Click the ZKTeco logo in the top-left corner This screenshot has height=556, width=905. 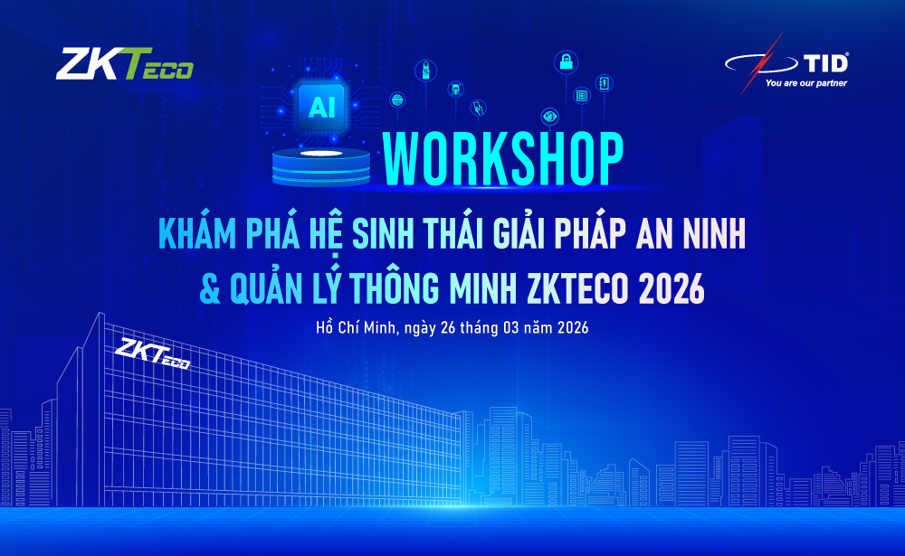coord(125,65)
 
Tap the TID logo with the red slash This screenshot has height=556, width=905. coord(792,62)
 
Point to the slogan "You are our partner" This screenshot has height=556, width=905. coord(805,83)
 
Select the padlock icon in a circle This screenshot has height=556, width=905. coord(566,63)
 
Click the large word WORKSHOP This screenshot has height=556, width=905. coord(503,160)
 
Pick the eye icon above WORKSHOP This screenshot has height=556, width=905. coord(549,116)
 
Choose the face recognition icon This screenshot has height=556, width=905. coord(454,89)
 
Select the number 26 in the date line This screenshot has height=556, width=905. coord(446,328)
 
